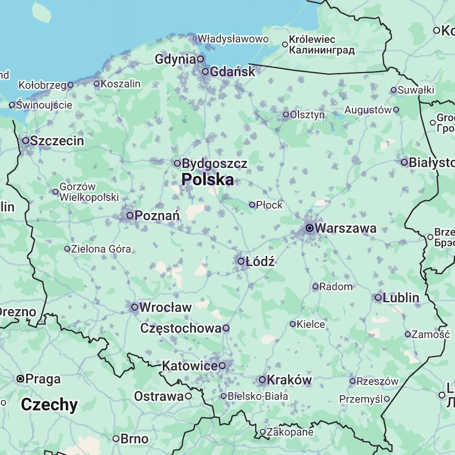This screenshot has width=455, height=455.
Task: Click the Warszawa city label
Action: (x=345, y=228)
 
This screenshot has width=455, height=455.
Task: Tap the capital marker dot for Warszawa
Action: (x=309, y=228)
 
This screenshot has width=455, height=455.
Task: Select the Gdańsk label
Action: (x=233, y=71)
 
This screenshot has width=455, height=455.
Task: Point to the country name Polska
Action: (x=208, y=179)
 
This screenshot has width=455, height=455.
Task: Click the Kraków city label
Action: (x=289, y=379)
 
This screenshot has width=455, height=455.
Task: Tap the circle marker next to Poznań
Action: (x=130, y=215)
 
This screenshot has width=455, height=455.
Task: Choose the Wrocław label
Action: (x=166, y=307)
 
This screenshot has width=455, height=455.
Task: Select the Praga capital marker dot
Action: (x=20, y=379)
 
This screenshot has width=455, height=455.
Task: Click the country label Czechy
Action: (x=50, y=404)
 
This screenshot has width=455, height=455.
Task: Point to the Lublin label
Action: (x=401, y=298)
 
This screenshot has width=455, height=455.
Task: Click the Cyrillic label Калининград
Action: (x=322, y=50)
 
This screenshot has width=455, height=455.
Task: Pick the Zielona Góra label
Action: (x=101, y=249)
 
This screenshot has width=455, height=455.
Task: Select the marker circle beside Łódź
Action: (x=241, y=261)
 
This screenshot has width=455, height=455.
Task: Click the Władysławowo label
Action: (x=233, y=39)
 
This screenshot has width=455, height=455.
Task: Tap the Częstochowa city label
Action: (x=181, y=328)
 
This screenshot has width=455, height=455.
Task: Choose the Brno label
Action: (x=135, y=439)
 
